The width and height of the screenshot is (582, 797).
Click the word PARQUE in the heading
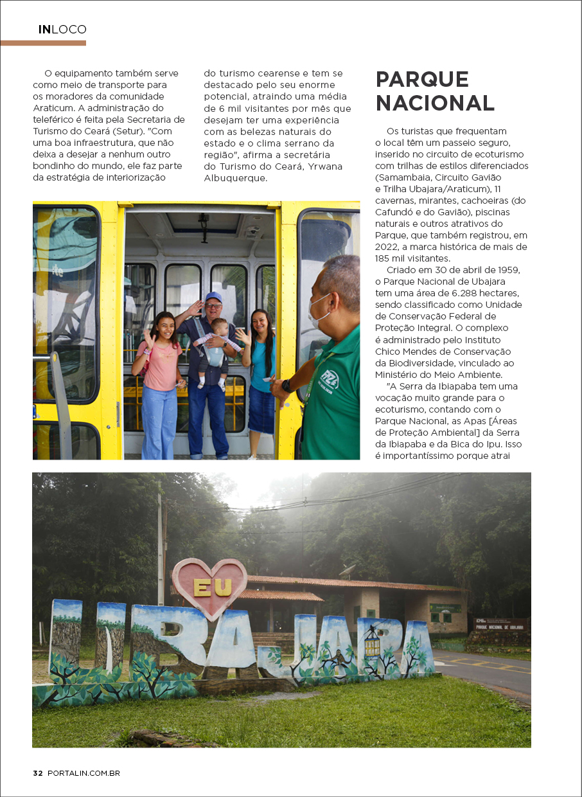pyautogui.click(x=422, y=80)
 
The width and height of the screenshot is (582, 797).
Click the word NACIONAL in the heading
pyautogui.click(x=435, y=103)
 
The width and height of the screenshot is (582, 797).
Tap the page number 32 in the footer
pyautogui.click(x=38, y=773)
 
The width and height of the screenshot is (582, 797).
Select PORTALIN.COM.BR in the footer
pyautogui.click(x=84, y=773)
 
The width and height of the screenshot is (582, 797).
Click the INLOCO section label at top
pyautogui.click(x=62, y=30)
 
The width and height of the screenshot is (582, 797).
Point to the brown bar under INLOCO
pyautogui.click(x=43, y=43)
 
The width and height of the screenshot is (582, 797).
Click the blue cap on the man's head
pyautogui.click(x=213, y=297)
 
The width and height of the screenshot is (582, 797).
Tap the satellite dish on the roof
pyautogui.click(x=348, y=569)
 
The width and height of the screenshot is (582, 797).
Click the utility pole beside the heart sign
pyautogui.click(x=161, y=540)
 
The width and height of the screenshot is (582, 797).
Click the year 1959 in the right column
pyautogui.click(x=507, y=270)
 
